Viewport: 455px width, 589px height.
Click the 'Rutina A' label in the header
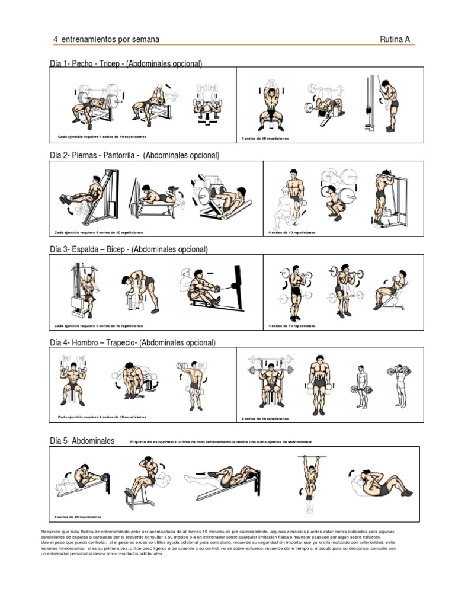[x=395, y=39]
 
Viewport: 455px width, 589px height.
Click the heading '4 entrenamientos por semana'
[x=106, y=39]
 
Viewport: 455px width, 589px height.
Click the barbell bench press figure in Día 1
[x=95, y=104]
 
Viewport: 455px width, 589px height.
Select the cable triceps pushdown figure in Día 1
[x=384, y=103]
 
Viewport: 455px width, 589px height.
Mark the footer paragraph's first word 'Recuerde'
[x=52, y=532]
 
